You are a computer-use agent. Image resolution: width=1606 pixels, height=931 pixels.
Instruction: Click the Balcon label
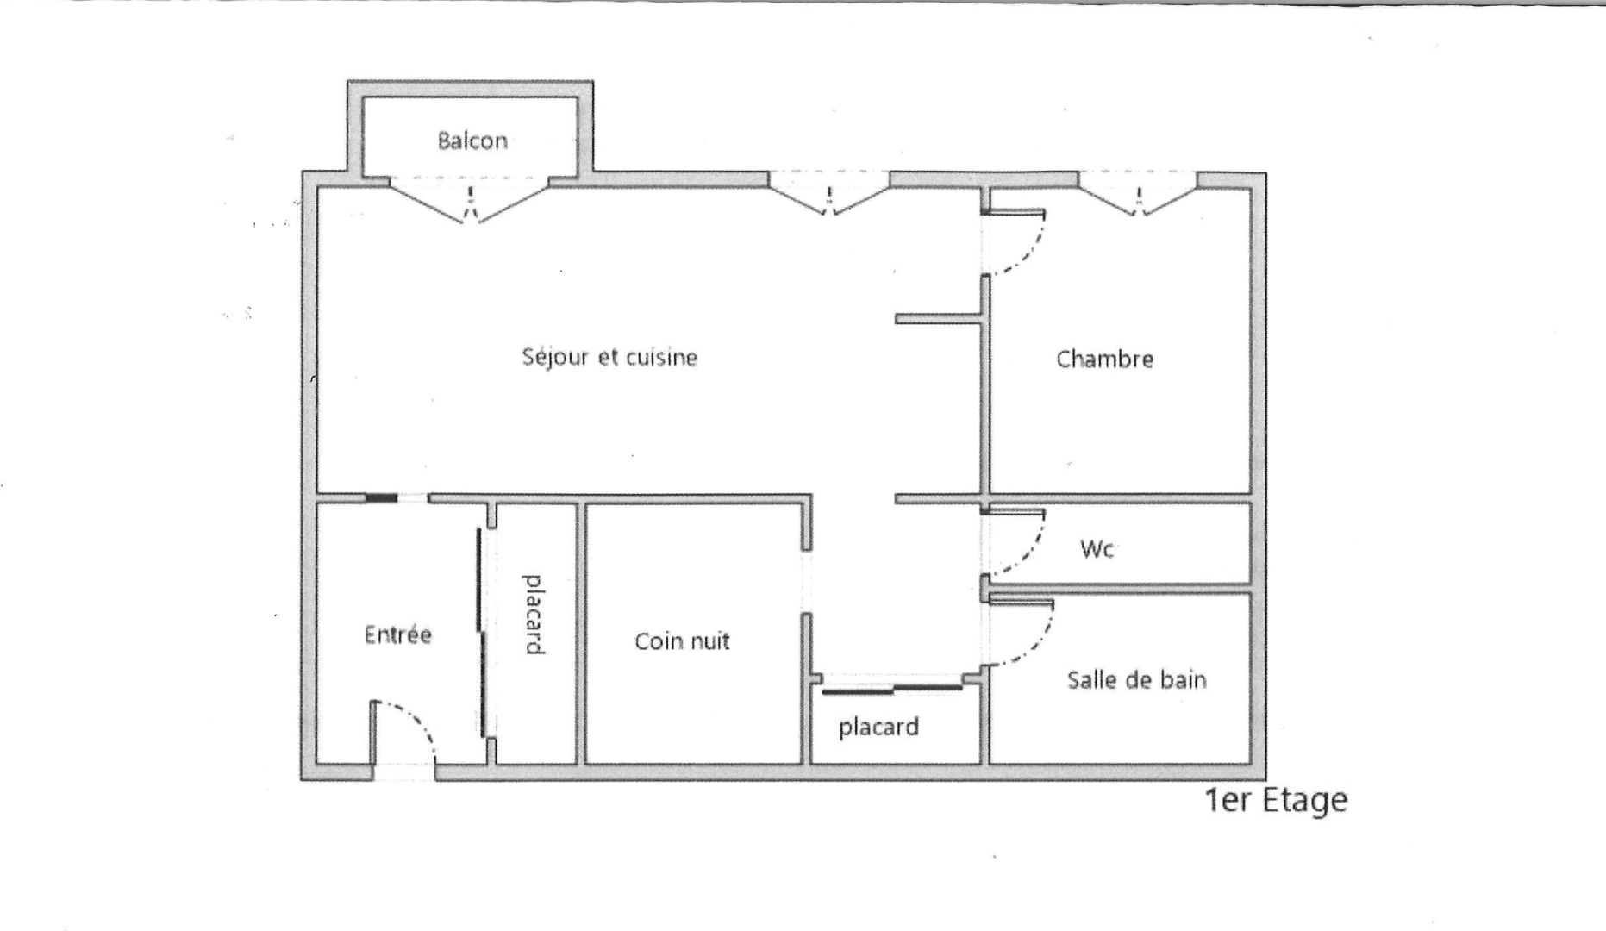472,141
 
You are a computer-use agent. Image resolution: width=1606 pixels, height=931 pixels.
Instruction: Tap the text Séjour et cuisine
609,357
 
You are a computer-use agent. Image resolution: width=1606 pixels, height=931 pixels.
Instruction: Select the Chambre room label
1104,359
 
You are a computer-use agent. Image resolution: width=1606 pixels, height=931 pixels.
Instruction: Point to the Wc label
1097,548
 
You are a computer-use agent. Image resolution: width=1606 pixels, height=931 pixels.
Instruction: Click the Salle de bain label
1136,680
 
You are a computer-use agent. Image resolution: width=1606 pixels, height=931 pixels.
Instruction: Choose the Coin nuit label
682,641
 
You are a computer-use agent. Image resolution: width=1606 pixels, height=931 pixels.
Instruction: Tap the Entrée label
397,635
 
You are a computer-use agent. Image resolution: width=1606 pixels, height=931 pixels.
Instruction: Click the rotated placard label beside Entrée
534,615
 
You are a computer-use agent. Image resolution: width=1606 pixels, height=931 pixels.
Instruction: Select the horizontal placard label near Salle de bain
878,727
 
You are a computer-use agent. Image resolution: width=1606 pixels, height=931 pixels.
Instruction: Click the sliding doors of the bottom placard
892,688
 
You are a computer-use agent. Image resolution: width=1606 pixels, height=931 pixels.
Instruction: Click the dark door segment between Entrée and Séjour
381,498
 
